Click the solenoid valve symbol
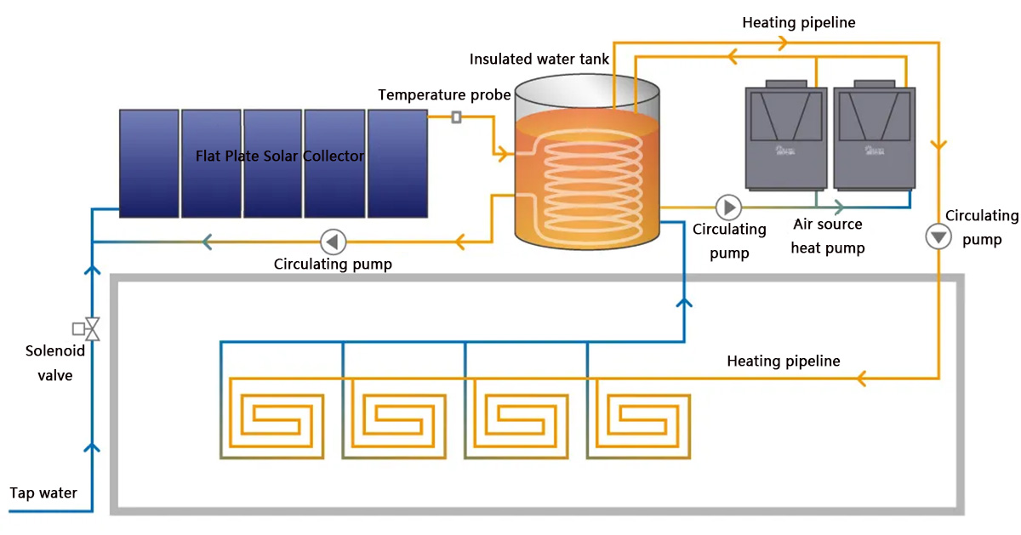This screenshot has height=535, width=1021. coord(88,328)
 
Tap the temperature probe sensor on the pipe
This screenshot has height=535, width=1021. coord(456,117)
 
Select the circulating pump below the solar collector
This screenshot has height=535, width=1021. coord(332,242)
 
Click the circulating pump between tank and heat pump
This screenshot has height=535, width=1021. coord(728,207)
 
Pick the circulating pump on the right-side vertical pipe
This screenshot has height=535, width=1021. coord(938,236)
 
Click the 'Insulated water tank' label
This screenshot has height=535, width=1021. coord(539,60)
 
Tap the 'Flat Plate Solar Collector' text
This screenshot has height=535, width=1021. coord(280,157)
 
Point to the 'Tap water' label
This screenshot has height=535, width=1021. coord(43,492)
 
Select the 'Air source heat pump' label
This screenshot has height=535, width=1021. coord(828,236)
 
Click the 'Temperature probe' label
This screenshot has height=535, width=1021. coord(444,94)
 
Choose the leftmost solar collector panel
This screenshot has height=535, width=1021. coord(148,162)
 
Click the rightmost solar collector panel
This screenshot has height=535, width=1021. coord(397,162)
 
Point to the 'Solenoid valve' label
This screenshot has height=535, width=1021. coord(48,362)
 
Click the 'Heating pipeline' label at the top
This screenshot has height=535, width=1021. coord(798,23)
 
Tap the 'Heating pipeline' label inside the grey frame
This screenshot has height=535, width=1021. coord(783,361)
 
